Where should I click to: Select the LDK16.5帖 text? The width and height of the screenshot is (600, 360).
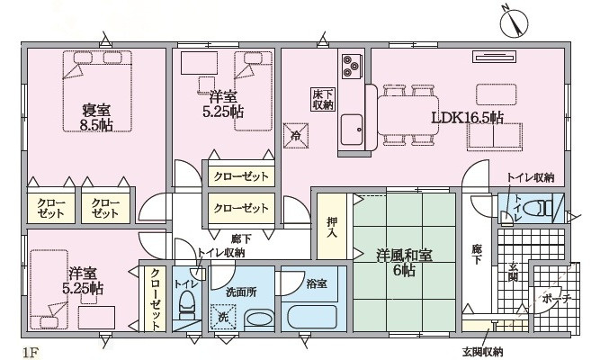pyautogui.click(x=467, y=119)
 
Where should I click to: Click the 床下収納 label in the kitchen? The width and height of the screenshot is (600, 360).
pyautogui.click(x=323, y=99)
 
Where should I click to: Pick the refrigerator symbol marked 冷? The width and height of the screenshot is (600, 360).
pyautogui.click(x=297, y=137)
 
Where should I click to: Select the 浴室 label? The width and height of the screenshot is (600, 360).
pyautogui.click(x=316, y=284)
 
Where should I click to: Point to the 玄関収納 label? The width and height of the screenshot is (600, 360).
pyautogui.click(x=483, y=350)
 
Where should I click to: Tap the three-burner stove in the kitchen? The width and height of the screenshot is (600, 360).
pyautogui.click(x=350, y=65)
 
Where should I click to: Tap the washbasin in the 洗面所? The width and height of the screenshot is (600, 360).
pyautogui.click(x=259, y=319)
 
